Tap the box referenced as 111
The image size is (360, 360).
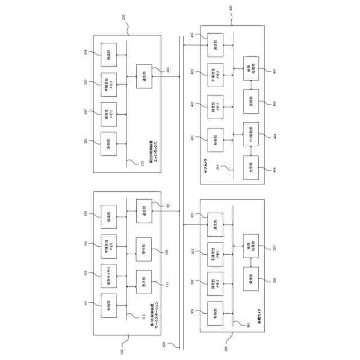pos(144,280)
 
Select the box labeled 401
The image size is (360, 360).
pos(215,137)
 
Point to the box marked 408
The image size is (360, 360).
pos(251,168)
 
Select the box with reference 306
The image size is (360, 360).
pos(251,280)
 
